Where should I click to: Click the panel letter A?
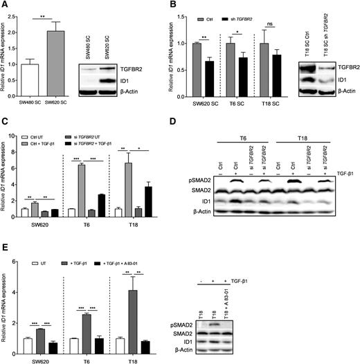[x=5, y=6]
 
